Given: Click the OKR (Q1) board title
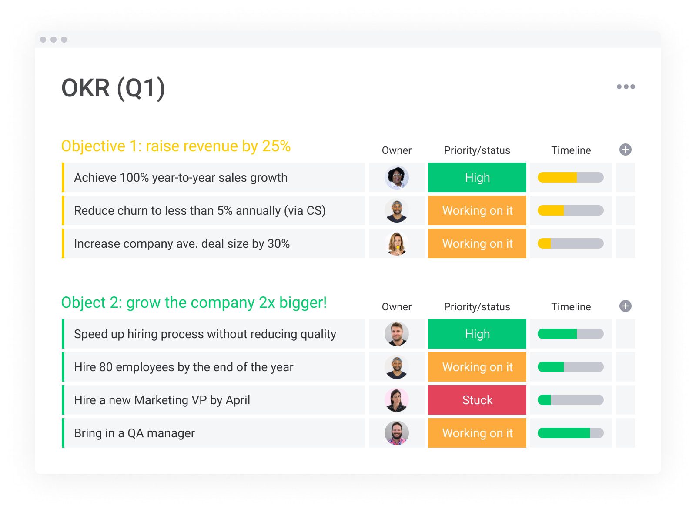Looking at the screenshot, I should tap(113, 88).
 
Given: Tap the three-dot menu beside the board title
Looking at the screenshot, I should tap(626, 86).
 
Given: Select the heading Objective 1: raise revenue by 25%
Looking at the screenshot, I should tap(176, 146).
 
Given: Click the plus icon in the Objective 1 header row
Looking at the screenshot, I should tap(625, 150).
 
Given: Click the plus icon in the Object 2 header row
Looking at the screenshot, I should tap(625, 306).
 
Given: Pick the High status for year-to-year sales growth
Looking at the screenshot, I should tap(477, 177).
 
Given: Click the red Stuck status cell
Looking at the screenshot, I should tap(477, 400).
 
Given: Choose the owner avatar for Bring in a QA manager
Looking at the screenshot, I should tap(396, 433).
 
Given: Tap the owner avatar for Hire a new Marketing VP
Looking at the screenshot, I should tap(396, 400).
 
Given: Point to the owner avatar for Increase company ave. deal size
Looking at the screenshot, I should tap(396, 243).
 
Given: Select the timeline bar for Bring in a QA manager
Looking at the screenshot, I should tap(570, 433).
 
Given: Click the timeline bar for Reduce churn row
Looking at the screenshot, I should tap(570, 210).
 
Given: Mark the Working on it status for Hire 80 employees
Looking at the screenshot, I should tap(477, 367).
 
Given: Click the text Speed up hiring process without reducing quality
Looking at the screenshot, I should tap(205, 334).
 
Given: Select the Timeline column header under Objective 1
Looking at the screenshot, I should tap(571, 150).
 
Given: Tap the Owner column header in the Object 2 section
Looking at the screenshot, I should tap(396, 307).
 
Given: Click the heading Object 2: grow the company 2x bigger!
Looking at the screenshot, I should tap(194, 303).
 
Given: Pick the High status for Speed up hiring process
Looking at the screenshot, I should tap(477, 334).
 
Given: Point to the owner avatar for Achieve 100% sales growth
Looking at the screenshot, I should tap(396, 177).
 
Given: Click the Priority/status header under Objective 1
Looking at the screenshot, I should tap(477, 150).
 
